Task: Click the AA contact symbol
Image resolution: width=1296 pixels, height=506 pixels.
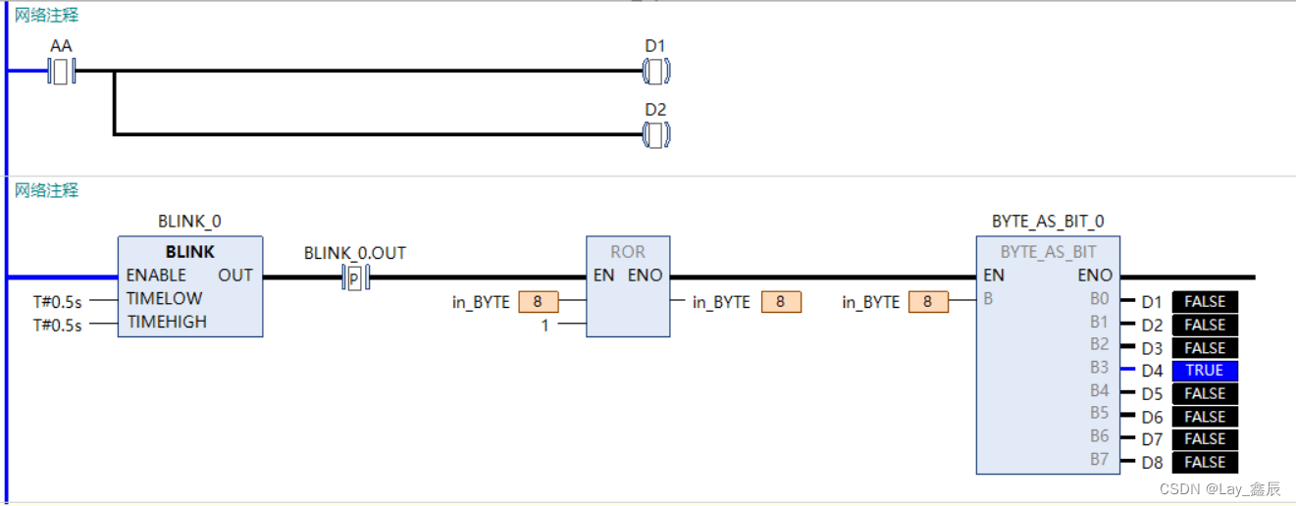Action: click(62, 71)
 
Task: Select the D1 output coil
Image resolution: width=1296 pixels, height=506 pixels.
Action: click(655, 71)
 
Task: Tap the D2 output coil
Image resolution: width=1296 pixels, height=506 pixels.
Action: click(655, 134)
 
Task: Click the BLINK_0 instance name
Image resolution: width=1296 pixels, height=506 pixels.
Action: click(189, 222)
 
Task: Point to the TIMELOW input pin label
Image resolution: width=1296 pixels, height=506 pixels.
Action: click(164, 298)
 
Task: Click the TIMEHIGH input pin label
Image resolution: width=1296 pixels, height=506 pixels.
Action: click(166, 322)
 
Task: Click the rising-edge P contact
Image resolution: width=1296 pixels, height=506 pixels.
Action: click(355, 278)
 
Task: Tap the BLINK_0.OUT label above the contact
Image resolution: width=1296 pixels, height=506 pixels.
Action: click(355, 253)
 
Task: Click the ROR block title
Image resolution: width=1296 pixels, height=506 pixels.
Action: click(628, 252)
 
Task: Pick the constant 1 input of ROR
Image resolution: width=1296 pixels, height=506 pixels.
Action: click(545, 326)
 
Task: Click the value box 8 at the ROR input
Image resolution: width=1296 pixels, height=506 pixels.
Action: click(538, 302)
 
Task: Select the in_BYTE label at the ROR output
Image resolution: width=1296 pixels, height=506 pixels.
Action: click(721, 302)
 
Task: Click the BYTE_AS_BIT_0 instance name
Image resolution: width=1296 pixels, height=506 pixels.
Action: click(1048, 222)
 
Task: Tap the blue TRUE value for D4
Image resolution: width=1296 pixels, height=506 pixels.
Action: click(1205, 371)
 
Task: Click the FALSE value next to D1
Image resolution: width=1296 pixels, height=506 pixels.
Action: click(1205, 302)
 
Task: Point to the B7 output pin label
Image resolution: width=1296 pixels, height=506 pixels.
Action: click(1099, 459)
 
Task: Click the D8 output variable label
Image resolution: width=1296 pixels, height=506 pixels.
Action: click(1152, 463)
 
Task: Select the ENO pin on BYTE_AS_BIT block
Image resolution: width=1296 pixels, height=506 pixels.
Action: click(1095, 276)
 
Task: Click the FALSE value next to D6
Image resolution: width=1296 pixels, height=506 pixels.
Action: click(1205, 417)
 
